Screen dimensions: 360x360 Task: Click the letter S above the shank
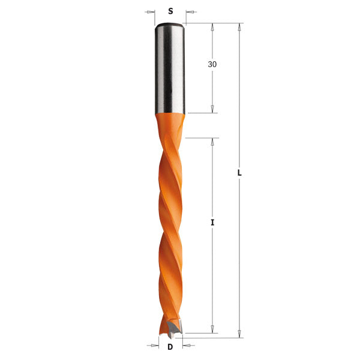(170, 11)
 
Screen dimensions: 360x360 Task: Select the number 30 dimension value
(212, 64)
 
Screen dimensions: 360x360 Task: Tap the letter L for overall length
(239, 172)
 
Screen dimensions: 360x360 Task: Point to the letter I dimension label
(212, 223)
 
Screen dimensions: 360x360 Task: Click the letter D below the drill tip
(170, 346)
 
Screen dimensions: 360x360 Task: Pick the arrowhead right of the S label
(190, 11)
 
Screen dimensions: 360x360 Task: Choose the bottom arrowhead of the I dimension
(212, 328)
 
